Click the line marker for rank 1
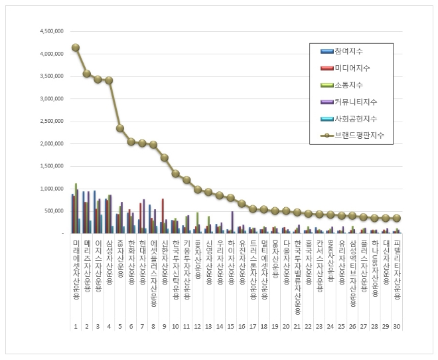pos(76,47)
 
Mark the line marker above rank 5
pos(119,128)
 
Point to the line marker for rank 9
pos(164,157)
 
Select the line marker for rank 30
pos(397,218)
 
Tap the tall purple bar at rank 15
pos(232,222)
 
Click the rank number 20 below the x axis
pos(286,327)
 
